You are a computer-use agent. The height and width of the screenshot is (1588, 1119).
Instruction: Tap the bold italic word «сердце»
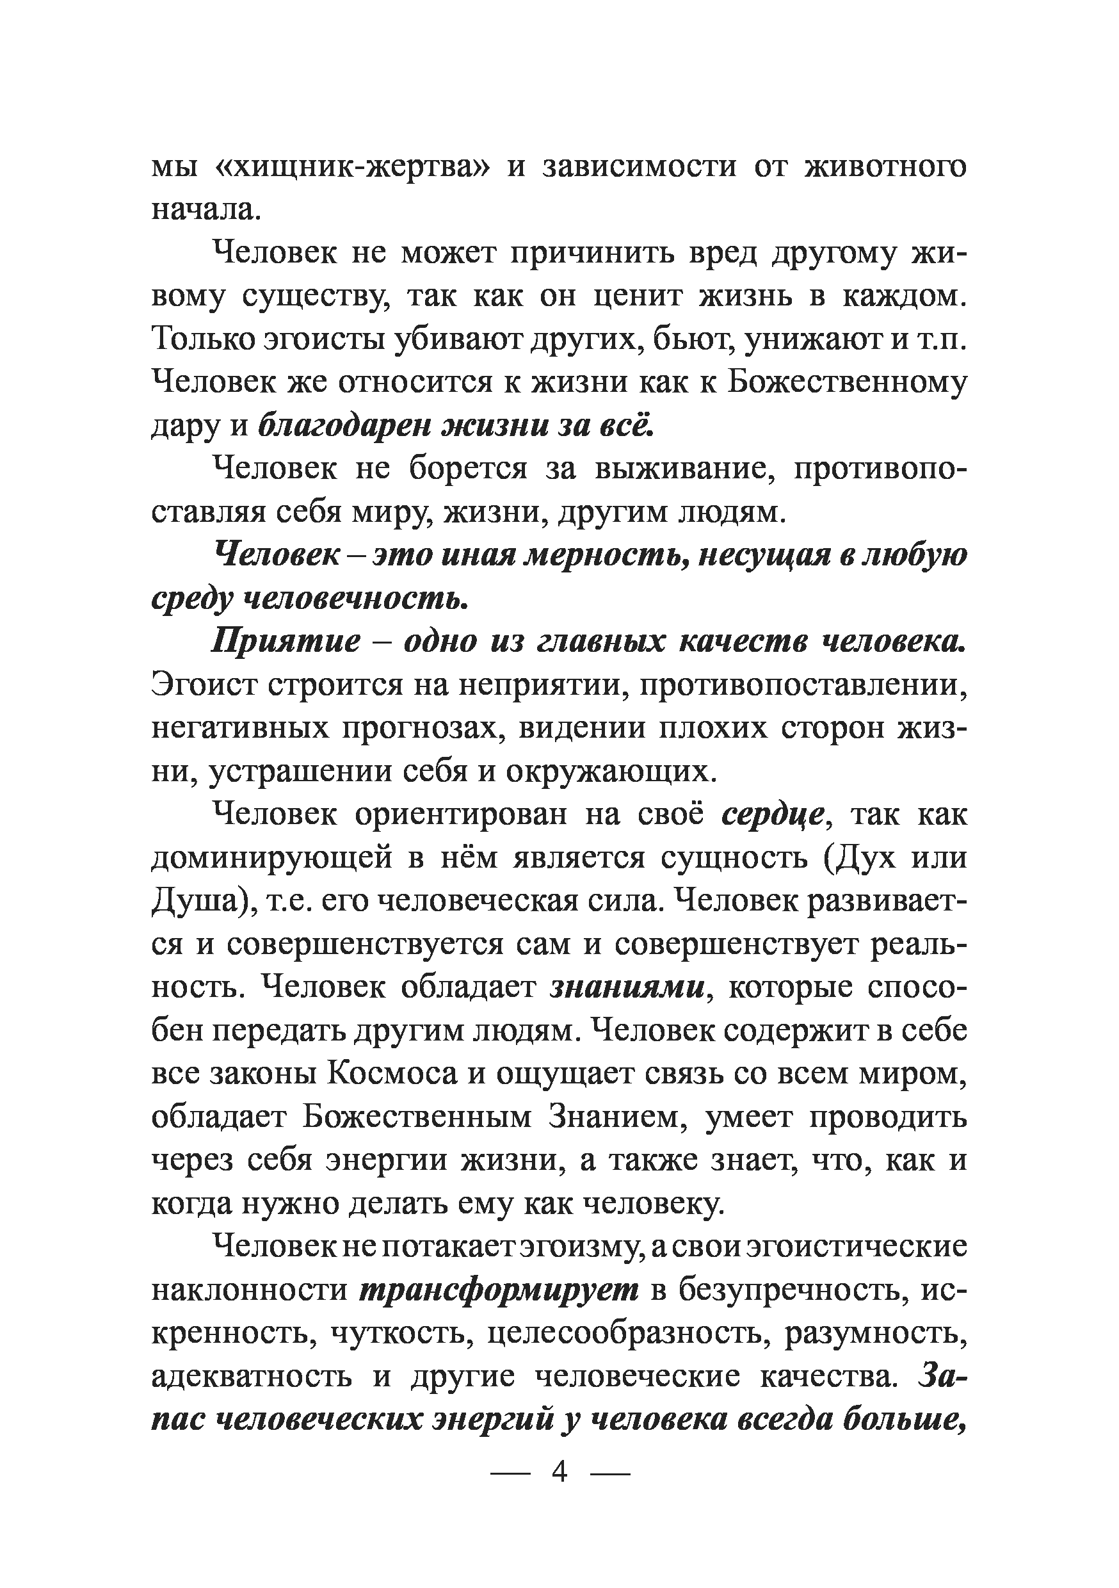tap(772, 814)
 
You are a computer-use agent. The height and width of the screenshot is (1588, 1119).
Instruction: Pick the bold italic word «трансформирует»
tap(500, 1290)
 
